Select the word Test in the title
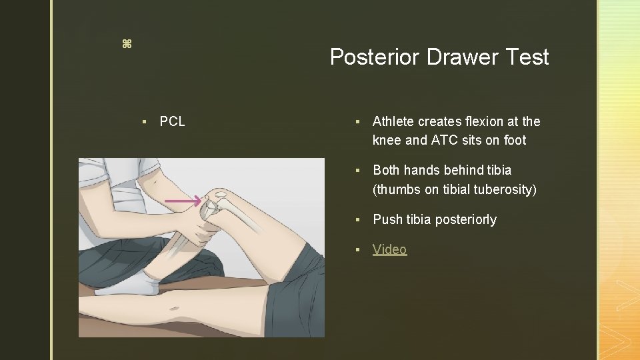pyautogui.click(x=527, y=57)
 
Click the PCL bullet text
pyautogui.click(x=173, y=121)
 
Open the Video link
pyautogui.click(x=389, y=249)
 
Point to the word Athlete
pyautogui.click(x=394, y=121)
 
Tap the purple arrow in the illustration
pyautogui.click(x=183, y=201)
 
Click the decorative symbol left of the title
pyautogui.click(x=127, y=44)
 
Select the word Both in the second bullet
pyautogui.click(x=387, y=171)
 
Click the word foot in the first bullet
pyautogui.click(x=515, y=140)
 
